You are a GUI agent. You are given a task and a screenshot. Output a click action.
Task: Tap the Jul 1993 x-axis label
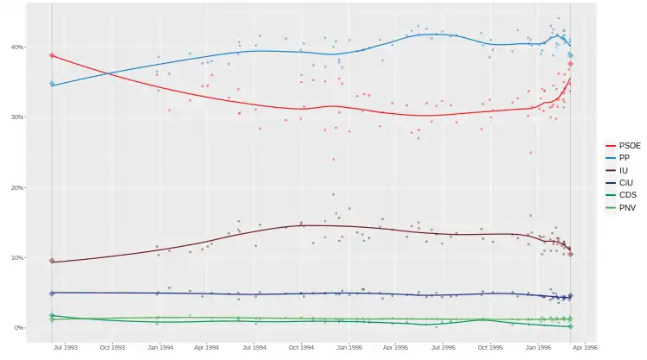[x=66, y=347]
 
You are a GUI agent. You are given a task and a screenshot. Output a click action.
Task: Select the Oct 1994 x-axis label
[x=301, y=347]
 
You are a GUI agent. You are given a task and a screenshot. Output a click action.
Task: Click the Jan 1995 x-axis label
[x=349, y=347]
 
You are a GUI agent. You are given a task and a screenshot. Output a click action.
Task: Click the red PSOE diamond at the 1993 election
[x=52, y=55]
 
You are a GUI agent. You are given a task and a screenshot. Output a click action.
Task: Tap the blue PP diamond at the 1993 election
[x=52, y=84]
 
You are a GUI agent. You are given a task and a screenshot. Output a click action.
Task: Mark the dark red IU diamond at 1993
[x=52, y=261]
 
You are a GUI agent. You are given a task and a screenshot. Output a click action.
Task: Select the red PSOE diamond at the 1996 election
[x=571, y=64]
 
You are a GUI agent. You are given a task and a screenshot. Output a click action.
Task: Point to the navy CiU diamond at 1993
[x=52, y=294]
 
